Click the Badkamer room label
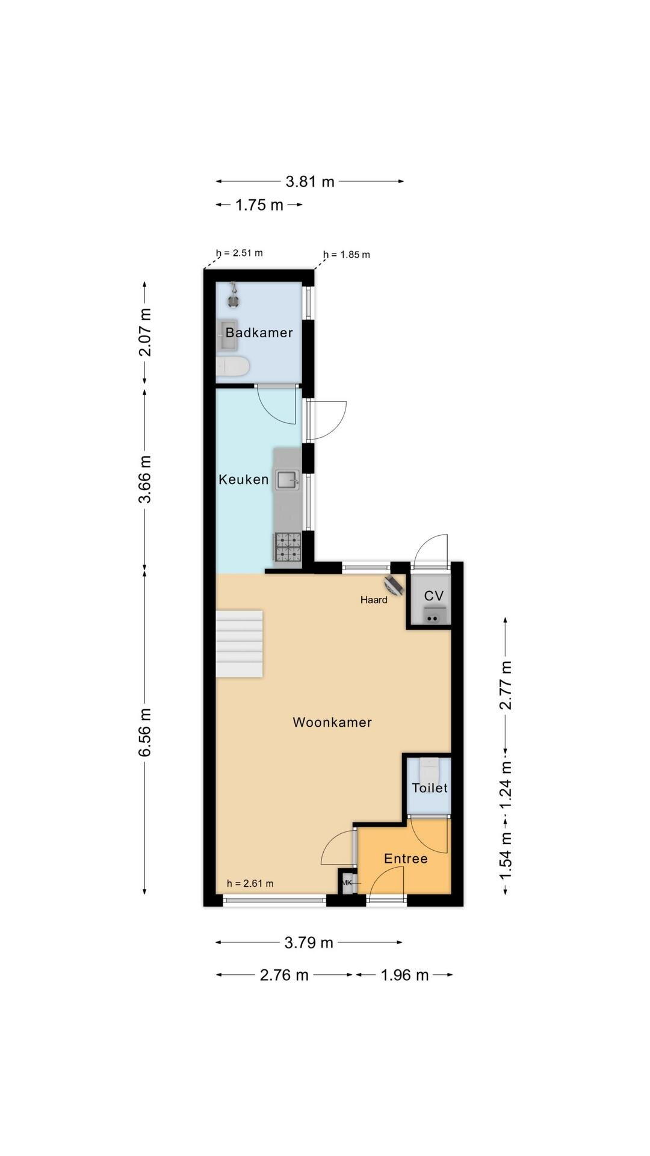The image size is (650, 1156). point(259,332)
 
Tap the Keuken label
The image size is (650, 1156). point(243,479)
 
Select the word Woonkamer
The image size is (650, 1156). point(332,722)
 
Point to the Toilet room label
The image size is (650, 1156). point(430,788)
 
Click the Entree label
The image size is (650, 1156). point(406,859)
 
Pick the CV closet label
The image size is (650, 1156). point(434,595)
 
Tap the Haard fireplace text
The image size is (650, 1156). point(374,600)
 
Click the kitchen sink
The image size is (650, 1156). point(288,480)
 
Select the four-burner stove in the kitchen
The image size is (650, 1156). point(288,547)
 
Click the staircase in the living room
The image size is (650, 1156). point(240,644)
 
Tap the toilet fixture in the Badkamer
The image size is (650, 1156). point(232,365)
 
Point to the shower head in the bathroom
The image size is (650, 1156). point(232,296)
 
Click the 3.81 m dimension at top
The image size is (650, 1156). point(310,181)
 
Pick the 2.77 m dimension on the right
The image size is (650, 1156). point(506,685)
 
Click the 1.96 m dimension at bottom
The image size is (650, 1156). point(404,975)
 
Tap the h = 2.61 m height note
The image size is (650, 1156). point(250,884)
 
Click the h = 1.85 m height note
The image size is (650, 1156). point(347,255)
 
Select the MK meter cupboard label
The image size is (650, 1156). point(347,883)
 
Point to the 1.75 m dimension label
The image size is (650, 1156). point(259,205)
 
